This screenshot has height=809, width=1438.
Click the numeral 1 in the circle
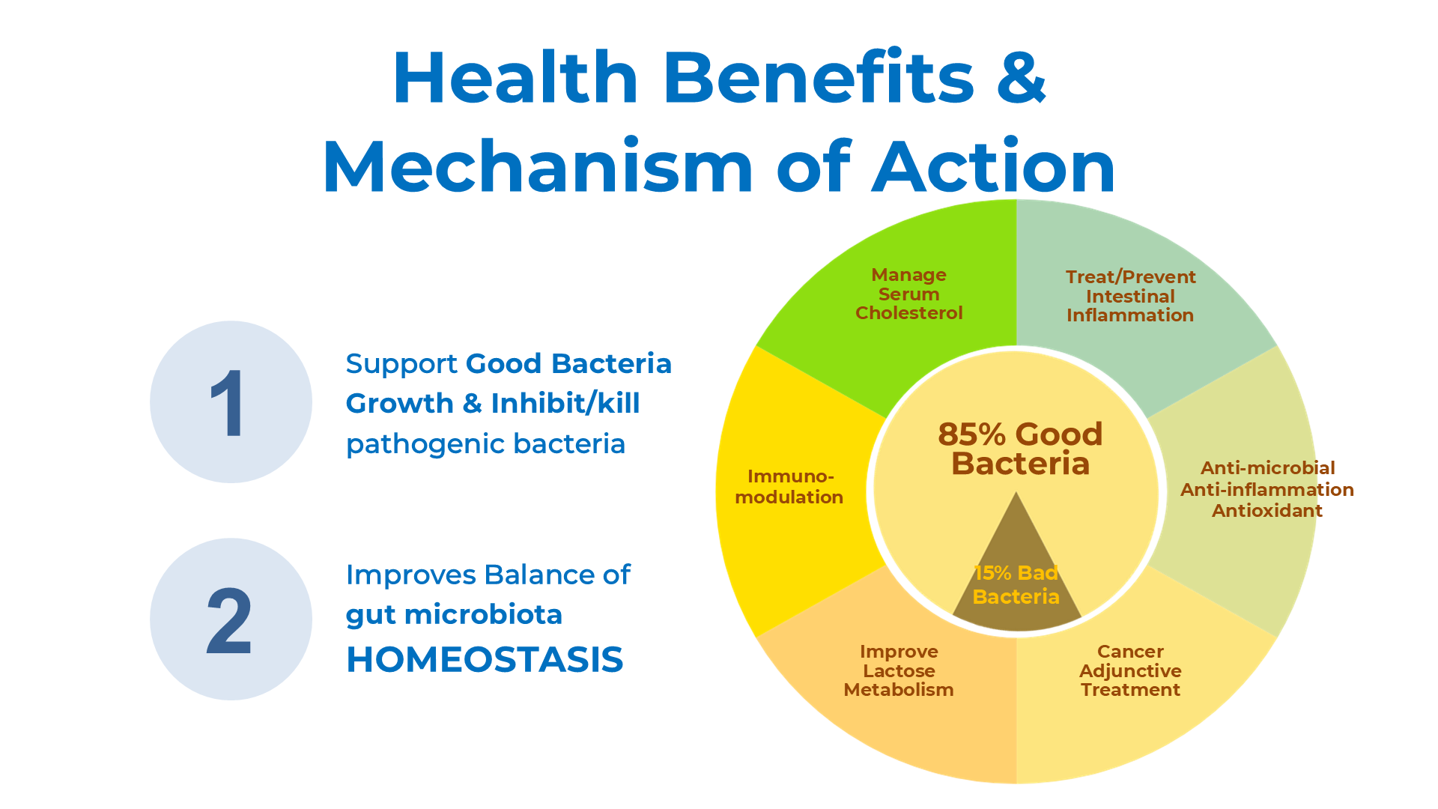[x=228, y=403]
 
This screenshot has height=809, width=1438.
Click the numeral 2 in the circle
[x=228, y=620]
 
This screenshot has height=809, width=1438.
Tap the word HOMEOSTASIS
[x=485, y=660]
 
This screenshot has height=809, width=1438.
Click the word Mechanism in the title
[x=537, y=166]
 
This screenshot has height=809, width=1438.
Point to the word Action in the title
[x=995, y=166]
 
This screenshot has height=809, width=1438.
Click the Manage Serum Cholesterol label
[x=909, y=294]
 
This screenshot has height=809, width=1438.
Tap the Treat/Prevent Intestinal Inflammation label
[x=1130, y=296]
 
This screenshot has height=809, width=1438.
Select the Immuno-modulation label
[x=789, y=486]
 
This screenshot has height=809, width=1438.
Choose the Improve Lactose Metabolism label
[x=899, y=670]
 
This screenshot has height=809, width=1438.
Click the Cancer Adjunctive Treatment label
[x=1130, y=670]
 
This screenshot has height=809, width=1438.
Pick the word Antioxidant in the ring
[x=1267, y=511]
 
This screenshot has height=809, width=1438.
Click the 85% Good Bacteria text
[x=1020, y=449]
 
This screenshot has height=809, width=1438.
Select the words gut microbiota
[x=454, y=616]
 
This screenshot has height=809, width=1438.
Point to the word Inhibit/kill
[x=565, y=403]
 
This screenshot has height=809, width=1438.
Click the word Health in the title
[x=515, y=77]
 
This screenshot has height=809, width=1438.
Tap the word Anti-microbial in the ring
[x=1267, y=468]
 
